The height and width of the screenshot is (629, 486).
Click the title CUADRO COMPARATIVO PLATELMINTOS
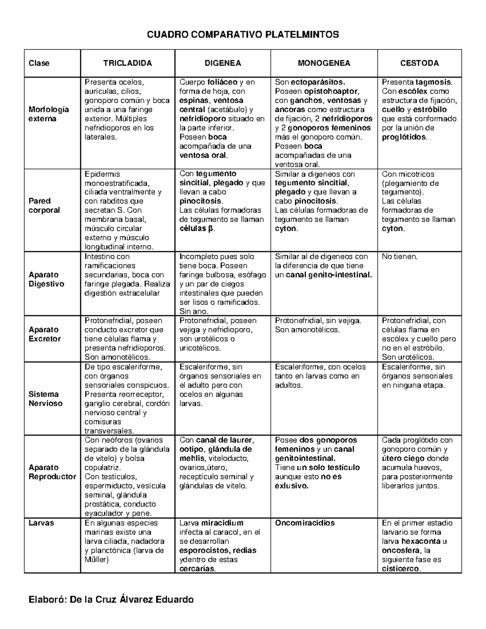[x=243, y=35]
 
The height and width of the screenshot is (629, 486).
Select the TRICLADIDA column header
[x=128, y=63]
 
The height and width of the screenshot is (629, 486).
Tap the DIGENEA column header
[x=222, y=63]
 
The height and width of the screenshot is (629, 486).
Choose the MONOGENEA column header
[x=324, y=63]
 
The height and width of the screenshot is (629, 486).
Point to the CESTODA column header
[x=419, y=63]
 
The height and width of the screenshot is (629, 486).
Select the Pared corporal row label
[x=44, y=205]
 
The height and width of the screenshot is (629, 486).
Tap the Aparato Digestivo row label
[x=46, y=279]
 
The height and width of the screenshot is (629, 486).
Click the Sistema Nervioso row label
[x=45, y=399]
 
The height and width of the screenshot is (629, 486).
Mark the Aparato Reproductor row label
[x=52, y=472]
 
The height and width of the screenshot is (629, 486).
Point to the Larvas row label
[x=41, y=523]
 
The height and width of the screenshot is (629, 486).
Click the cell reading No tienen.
[x=399, y=257]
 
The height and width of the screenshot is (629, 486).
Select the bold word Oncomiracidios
[x=305, y=523]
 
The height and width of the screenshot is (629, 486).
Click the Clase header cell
[x=39, y=63]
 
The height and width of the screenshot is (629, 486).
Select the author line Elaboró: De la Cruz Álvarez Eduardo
[x=111, y=599]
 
